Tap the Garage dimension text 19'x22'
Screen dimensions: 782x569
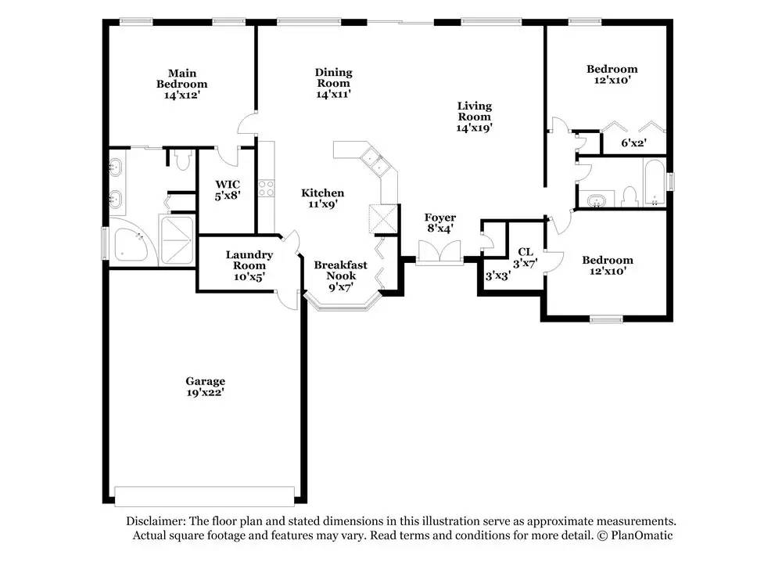pyautogui.click(x=205, y=392)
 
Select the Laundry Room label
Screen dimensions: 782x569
pyautogui.click(x=249, y=260)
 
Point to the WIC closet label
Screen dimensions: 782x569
pyautogui.click(x=228, y=184)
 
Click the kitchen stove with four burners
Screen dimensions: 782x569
pyautogui.click(x=267, y=188)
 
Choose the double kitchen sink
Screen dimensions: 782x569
pyautogui.click(x=374, y=160)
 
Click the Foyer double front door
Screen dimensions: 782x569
pyautogui.click(x=439, y=252)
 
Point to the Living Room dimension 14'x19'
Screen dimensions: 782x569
pyautogui.click(x=475, y=128)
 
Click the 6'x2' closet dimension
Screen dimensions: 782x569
pyautogui.click(x=634, y=143)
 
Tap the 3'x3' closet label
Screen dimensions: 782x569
pyautogui.click(x=497, y=276)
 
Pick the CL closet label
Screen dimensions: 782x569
pyautogui.click(x=526, y=252)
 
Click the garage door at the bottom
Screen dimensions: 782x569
pyautogui.click(x=204, y=496)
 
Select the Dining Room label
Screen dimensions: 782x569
pyautogui.click(x=333, y=77)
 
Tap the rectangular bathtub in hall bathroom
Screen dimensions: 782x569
pyautogui.click(x=655, y=182)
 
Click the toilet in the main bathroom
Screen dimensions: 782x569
pyautogui.click(x=183, y=159)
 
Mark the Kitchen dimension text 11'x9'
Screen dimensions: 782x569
pyautogui.click(x=323, y=204)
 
